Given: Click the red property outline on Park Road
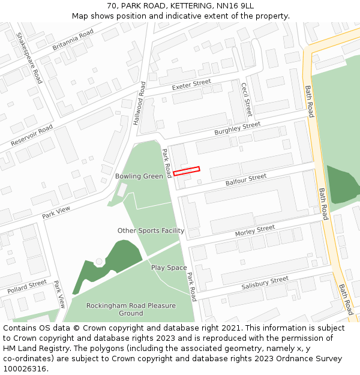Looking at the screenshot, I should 186,172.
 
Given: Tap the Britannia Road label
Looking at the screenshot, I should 73,39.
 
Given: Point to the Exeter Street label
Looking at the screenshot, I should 191,85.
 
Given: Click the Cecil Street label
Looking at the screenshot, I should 246,100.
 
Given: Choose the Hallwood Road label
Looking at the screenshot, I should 139,103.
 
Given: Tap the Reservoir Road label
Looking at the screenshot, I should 32,136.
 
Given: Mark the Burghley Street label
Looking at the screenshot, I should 238,128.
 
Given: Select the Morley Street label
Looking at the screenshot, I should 254,230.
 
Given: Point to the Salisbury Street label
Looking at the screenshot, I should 265,283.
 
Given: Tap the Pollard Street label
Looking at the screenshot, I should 27,286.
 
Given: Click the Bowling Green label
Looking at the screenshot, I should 139,176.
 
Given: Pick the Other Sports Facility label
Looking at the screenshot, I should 151,230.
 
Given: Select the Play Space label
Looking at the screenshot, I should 169,268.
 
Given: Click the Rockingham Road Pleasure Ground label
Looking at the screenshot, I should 131,309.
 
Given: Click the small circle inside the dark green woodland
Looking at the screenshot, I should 99,262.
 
